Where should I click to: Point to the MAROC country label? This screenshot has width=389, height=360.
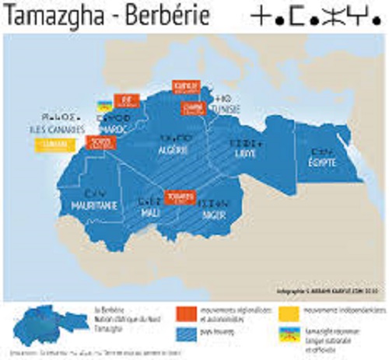click(114, 127)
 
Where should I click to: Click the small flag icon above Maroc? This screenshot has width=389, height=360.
click(102, 103)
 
